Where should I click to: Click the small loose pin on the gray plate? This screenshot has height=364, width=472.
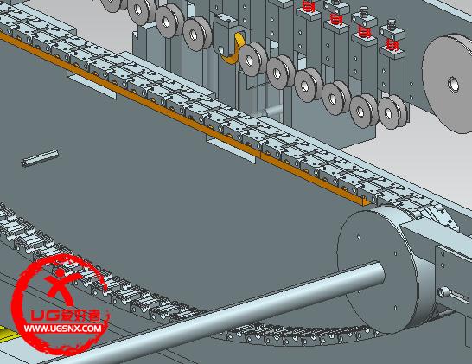(40, 158)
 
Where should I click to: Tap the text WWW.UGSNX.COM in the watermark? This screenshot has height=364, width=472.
(63, 329)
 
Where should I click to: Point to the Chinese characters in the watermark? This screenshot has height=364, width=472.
(80, 316)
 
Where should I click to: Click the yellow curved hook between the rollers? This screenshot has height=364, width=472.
(233, 49)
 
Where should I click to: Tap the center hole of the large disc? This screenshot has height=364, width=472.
(453, 85)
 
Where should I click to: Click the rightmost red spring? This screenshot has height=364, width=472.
(392, 45)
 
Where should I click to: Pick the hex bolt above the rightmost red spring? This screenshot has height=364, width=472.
(392, 24)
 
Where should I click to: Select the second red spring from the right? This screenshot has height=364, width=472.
(364, 32)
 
